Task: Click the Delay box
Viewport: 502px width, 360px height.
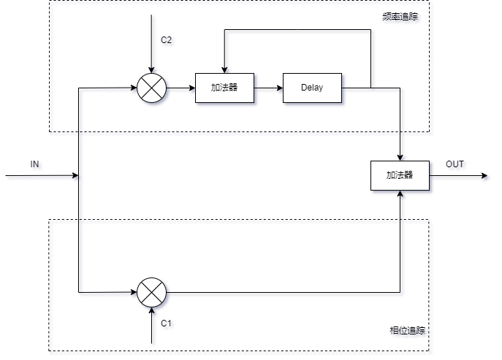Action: coord(312,88)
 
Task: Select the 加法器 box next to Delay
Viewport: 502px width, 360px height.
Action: coord(224,88)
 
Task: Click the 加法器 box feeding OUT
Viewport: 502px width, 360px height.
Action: coord(400,175)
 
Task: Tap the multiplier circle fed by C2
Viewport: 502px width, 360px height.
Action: coord(151,88)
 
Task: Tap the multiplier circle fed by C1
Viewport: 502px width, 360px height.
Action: coord(151,292)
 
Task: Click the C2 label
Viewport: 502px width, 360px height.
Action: coord(167,40)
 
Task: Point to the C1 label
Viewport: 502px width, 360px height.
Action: coord(166,322)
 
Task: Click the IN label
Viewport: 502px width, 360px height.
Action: coord(34,164)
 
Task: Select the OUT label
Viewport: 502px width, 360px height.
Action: coord(455,164)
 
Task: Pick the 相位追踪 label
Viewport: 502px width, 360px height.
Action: coord(408,331)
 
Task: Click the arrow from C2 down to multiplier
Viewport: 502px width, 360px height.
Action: coord(151,51)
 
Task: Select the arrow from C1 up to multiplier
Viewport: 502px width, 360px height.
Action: coord(151,325)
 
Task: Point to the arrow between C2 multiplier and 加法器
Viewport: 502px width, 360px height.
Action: coord(180,88)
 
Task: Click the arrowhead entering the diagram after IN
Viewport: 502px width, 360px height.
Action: coord(74,175)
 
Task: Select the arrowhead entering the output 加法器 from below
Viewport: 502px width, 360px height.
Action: coord(400,194)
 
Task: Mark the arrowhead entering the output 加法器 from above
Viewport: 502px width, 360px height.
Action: coord(400,157)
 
